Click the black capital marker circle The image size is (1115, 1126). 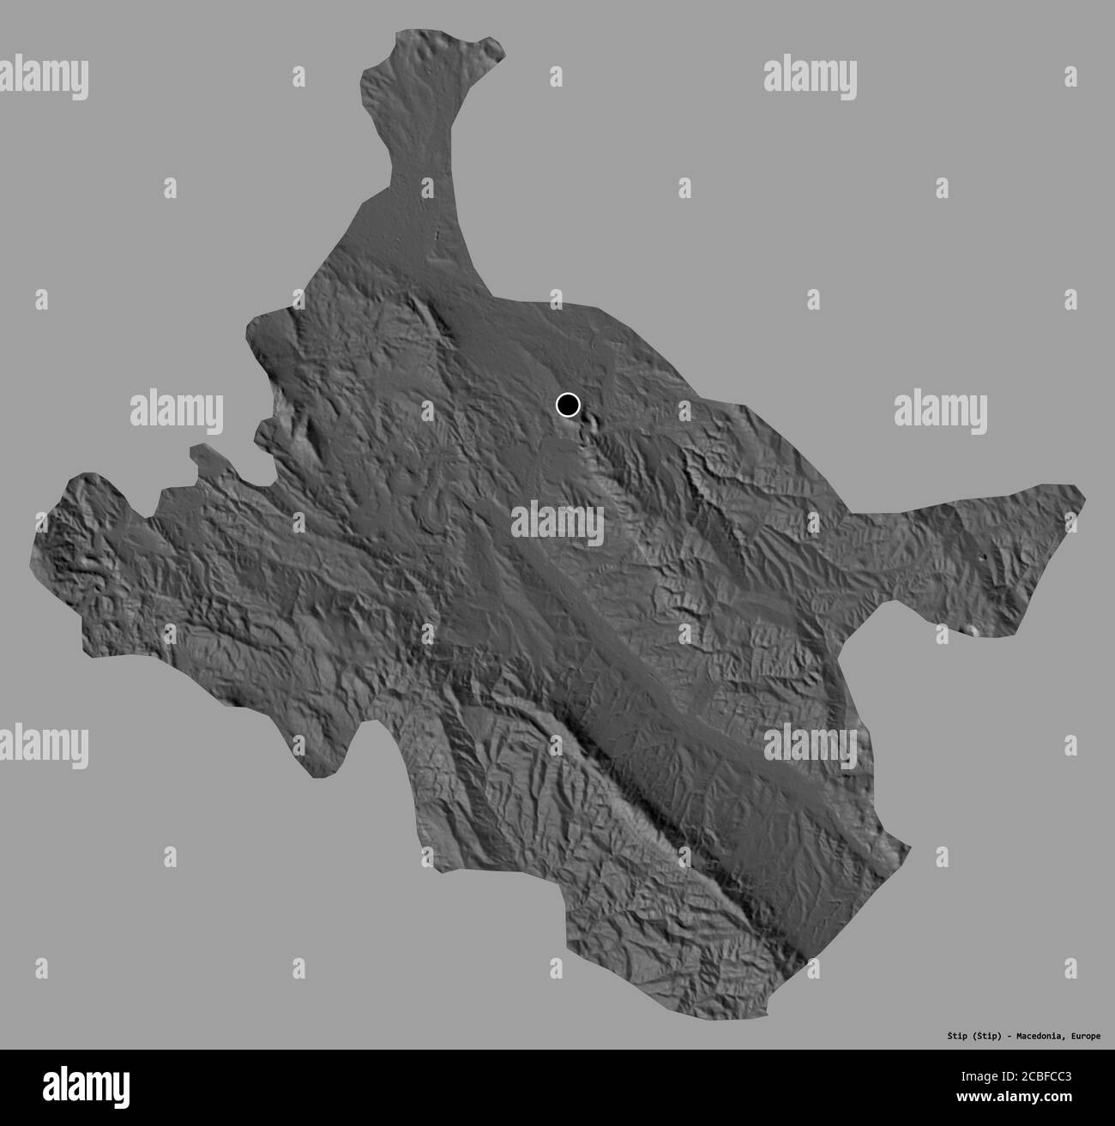point(568,404)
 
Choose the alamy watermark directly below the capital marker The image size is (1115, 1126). point(557,524)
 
